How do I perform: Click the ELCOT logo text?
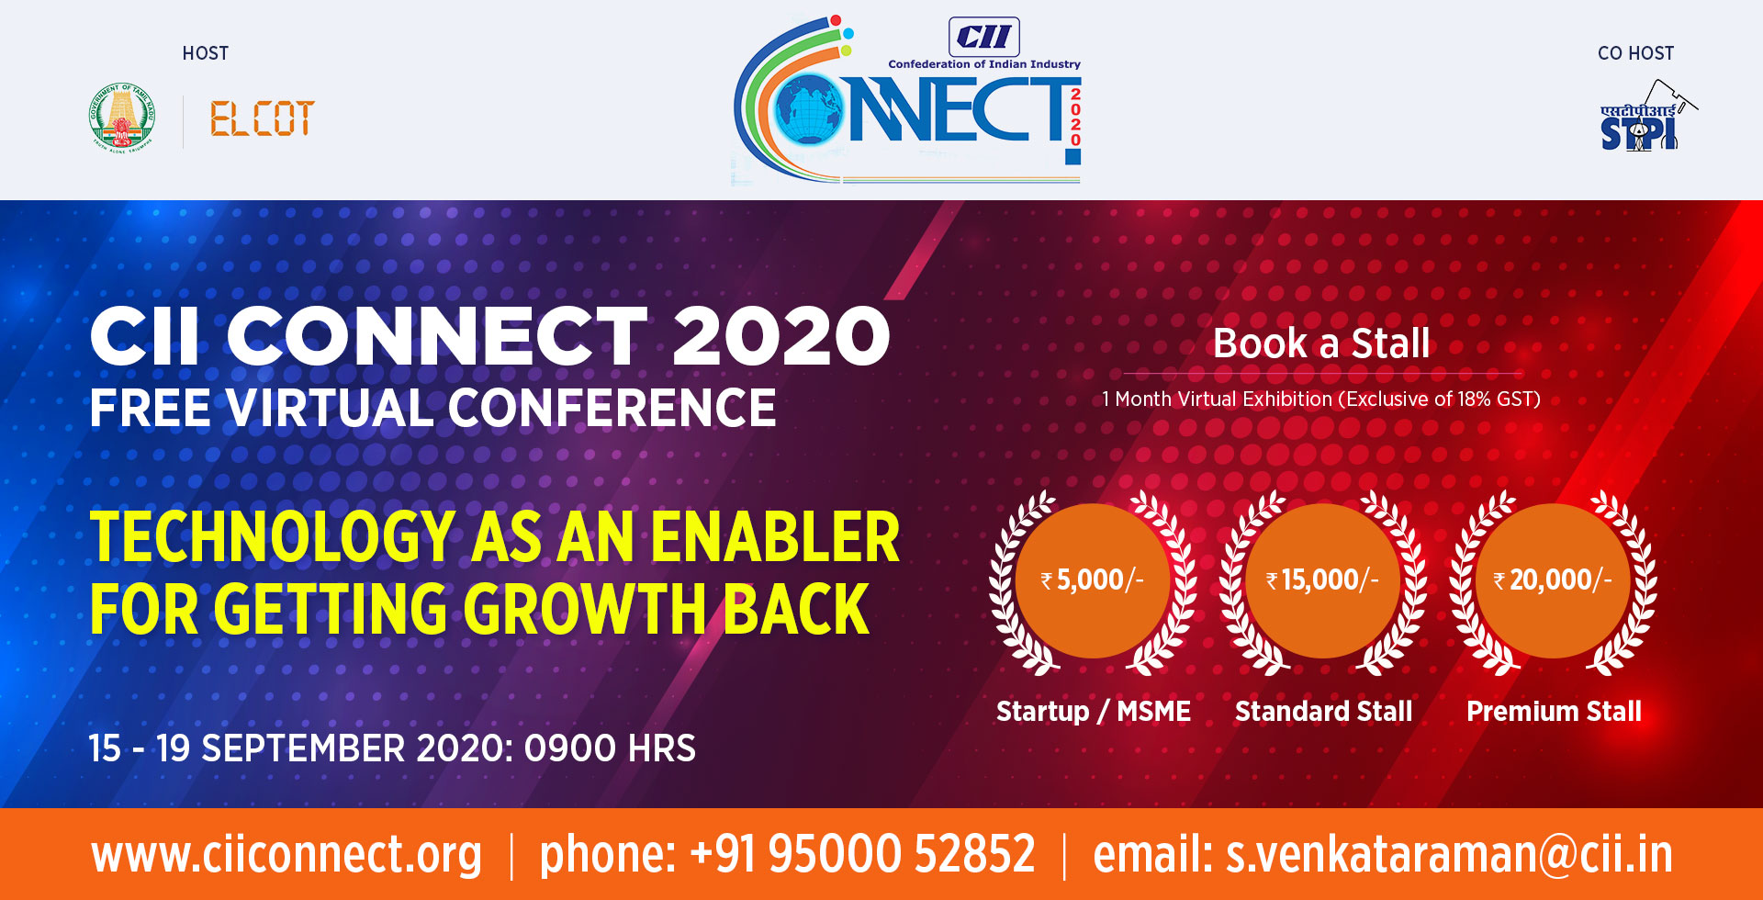(x=262, y=119)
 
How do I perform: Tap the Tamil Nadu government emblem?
(x=122, y=118)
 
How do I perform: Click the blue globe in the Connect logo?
(x=809, y=110)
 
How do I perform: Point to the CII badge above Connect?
(x=983, y=37)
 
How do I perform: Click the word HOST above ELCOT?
(x=206, y=53)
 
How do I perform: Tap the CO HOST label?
(x=1635, y=53)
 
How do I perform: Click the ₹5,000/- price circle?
(x=1093, y=580)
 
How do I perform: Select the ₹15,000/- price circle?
(x=1322, y=580)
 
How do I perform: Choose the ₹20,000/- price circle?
(x=1553, y=580)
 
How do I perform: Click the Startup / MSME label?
(x=1093, y=711)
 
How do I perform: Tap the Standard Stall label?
(x=1323, y=711)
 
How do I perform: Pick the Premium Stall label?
(x=1554, y=711)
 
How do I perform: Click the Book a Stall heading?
(x=1321, y=343)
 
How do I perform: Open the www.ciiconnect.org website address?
(x=286, y=855)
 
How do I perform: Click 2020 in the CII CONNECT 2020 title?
(x=781, y=336)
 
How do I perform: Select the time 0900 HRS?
(x=610, y=748)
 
